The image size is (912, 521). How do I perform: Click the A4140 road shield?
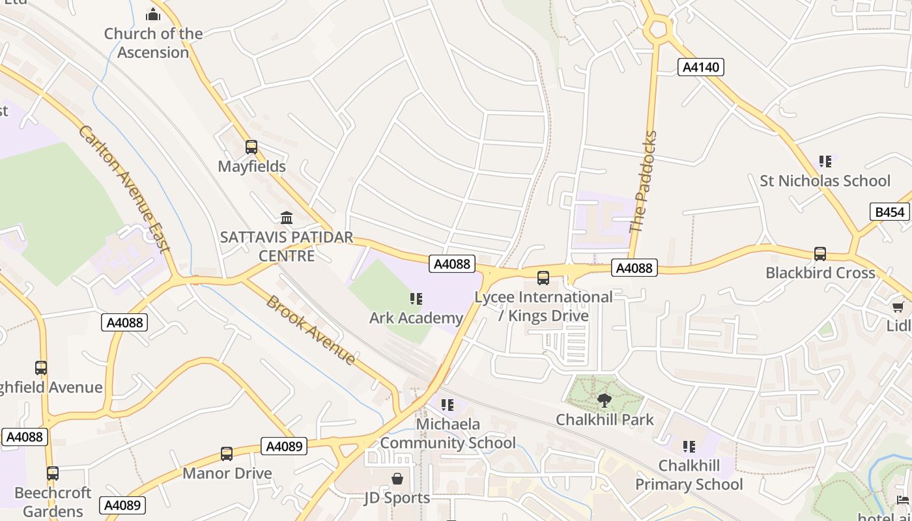[701, 67]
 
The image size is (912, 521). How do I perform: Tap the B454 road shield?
[890, 212]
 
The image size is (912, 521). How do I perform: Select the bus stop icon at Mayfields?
[251, 147]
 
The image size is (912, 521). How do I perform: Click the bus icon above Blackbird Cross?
[820, 254]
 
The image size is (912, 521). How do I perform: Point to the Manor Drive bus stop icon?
[227, 454]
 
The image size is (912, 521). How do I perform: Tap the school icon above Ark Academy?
[416, 299]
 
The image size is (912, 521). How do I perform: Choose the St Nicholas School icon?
[825, 162]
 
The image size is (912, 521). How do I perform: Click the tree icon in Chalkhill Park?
[605, 400]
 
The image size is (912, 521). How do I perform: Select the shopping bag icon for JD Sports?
[397, 479]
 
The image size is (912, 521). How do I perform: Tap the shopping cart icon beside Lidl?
[898, 307]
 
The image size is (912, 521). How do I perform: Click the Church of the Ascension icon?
[153, 14]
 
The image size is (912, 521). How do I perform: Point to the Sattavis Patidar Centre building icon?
[286, 218]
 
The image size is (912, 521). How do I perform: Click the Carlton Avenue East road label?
[124, 189]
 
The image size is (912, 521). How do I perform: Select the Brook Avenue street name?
[311, 331]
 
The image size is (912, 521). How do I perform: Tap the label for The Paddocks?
[644, 182]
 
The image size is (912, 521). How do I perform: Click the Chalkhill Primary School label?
[689, 475]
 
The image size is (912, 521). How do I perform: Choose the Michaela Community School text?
[448, 434]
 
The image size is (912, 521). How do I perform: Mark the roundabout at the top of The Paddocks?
[657, 29]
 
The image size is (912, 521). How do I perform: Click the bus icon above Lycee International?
[543, 278]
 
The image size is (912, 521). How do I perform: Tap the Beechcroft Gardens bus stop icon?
[52, 473]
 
